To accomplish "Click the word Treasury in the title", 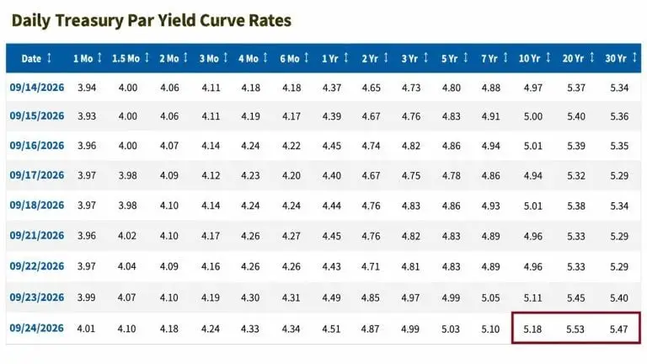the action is pos(88,20).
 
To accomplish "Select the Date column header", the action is pos(31,59).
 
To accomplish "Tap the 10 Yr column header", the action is pos(529,59).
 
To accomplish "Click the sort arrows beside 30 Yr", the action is pos(634,58).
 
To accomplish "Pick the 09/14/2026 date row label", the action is pos(37,88).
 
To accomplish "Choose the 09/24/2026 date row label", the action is pos(37,328).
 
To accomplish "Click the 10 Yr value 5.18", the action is pos(532,329).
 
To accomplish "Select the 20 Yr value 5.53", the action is pos(575,329).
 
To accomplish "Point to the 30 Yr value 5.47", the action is pos(618,329).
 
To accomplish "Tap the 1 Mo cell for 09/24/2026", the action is pos(86,329).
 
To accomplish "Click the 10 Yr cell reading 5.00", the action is pos(532,116).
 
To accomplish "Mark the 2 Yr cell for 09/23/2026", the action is pos(370,297).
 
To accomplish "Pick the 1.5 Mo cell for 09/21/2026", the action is pos(127,236).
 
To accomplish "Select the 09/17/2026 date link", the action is pos(37,175).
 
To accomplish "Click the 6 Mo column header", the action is pos(290,59).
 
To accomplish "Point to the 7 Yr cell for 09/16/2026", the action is pos(490,146).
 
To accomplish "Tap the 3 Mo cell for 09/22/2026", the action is pos(211,266).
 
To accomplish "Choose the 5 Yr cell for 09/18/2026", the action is pos(451,206).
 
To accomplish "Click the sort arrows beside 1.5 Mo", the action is pos(147,58).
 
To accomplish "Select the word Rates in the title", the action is pos(270,20).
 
